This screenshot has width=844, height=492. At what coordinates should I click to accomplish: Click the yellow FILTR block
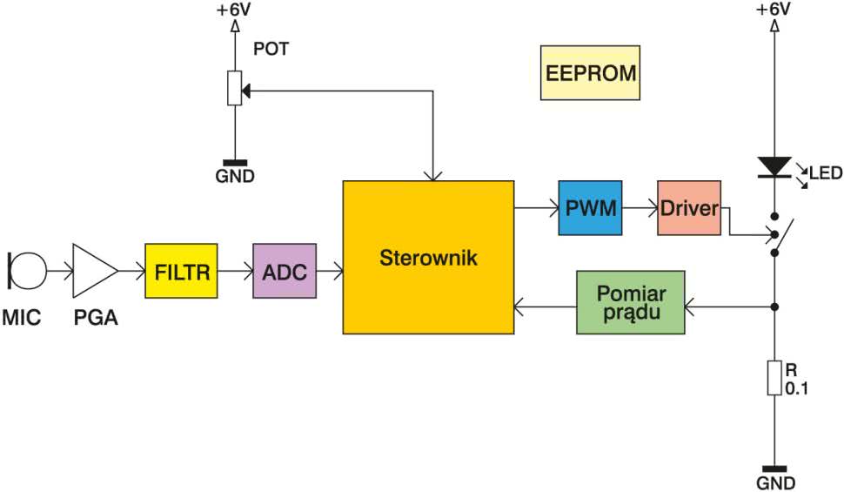click(x=181, y=271)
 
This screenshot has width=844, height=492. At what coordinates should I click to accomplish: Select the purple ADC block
click(x=285, y=271)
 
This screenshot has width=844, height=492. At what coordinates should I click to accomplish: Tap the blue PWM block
click(x=590, y=208)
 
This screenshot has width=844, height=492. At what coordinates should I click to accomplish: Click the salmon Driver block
click(x=689, y=208)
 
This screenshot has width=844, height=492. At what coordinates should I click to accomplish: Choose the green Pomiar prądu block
click(x=631, y=302)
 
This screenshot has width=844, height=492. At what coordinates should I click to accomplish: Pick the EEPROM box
click(x=591, y=73)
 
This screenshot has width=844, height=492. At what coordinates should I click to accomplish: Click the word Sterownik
click(x=428, y=258)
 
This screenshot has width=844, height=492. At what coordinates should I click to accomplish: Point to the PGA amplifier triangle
click(x=95, y=271)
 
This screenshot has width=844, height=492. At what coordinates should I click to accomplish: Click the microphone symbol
click(x=27, y=271)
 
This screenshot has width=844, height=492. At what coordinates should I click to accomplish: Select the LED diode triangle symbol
click(x=774, y=167)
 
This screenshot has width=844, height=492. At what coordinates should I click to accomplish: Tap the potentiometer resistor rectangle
click(x=235, y=88)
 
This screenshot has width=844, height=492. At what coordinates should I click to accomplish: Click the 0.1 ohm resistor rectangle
click(x=774, y=378)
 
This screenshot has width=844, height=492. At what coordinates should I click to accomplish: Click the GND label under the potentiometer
click(x=235, y=176)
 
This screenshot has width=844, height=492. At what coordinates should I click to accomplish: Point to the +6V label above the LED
click(x=774, y=10)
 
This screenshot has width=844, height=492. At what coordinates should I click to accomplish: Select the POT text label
click(x=271, y=49)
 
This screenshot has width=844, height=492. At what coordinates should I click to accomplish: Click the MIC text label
click(x=22, y=317)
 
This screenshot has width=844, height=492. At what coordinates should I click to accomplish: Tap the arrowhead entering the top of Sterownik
click(x=432, y=176)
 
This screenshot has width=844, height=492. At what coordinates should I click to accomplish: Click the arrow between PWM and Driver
click(x=640, y=208)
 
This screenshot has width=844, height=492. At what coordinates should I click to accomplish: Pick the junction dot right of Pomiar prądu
click(x=774, y=307)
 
